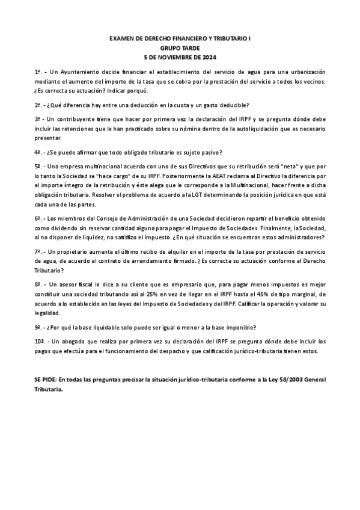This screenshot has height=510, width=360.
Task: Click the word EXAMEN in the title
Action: pos(123,38)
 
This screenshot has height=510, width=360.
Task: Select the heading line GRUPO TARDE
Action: pos(180,48)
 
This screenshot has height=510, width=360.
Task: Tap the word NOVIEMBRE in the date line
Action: pos(179,57)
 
